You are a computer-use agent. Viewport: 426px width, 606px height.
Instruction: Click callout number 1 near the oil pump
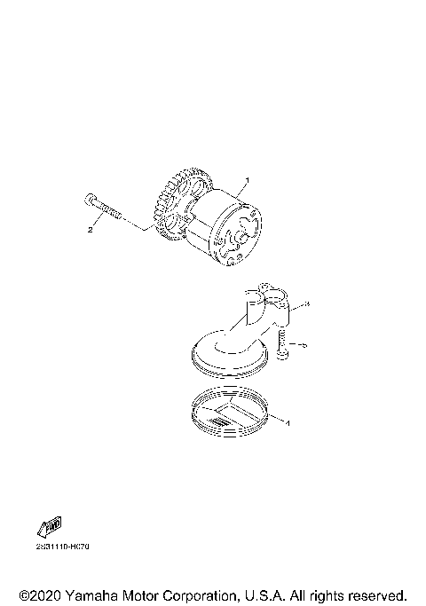coord(248,181)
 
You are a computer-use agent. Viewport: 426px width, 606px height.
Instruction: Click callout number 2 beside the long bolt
coord(91,230)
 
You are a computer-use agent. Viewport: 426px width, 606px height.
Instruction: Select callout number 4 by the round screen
coord(288,423)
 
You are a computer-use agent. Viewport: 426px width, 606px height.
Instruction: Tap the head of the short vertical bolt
coord(281,355)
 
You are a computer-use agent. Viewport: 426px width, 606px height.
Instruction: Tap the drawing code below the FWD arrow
coord(62,546)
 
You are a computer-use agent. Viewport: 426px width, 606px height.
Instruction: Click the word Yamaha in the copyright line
coord(92,594)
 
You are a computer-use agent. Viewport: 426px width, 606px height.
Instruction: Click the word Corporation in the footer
coord(212,594)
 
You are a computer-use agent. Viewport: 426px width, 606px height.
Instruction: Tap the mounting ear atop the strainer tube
coord(266,287)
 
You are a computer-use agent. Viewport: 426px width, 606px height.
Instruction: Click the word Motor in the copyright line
coord(147,594)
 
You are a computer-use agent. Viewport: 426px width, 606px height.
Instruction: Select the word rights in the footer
coord(321,594)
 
